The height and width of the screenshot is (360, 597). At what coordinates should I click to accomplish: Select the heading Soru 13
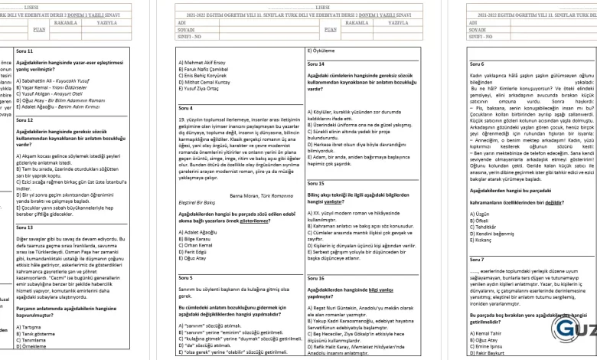(24, 227)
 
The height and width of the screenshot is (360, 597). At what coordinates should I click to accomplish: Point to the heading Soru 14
(315, 64)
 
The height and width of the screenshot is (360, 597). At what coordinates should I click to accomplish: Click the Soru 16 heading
(315, 278)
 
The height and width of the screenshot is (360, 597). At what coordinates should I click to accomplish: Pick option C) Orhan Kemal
(196, 244)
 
